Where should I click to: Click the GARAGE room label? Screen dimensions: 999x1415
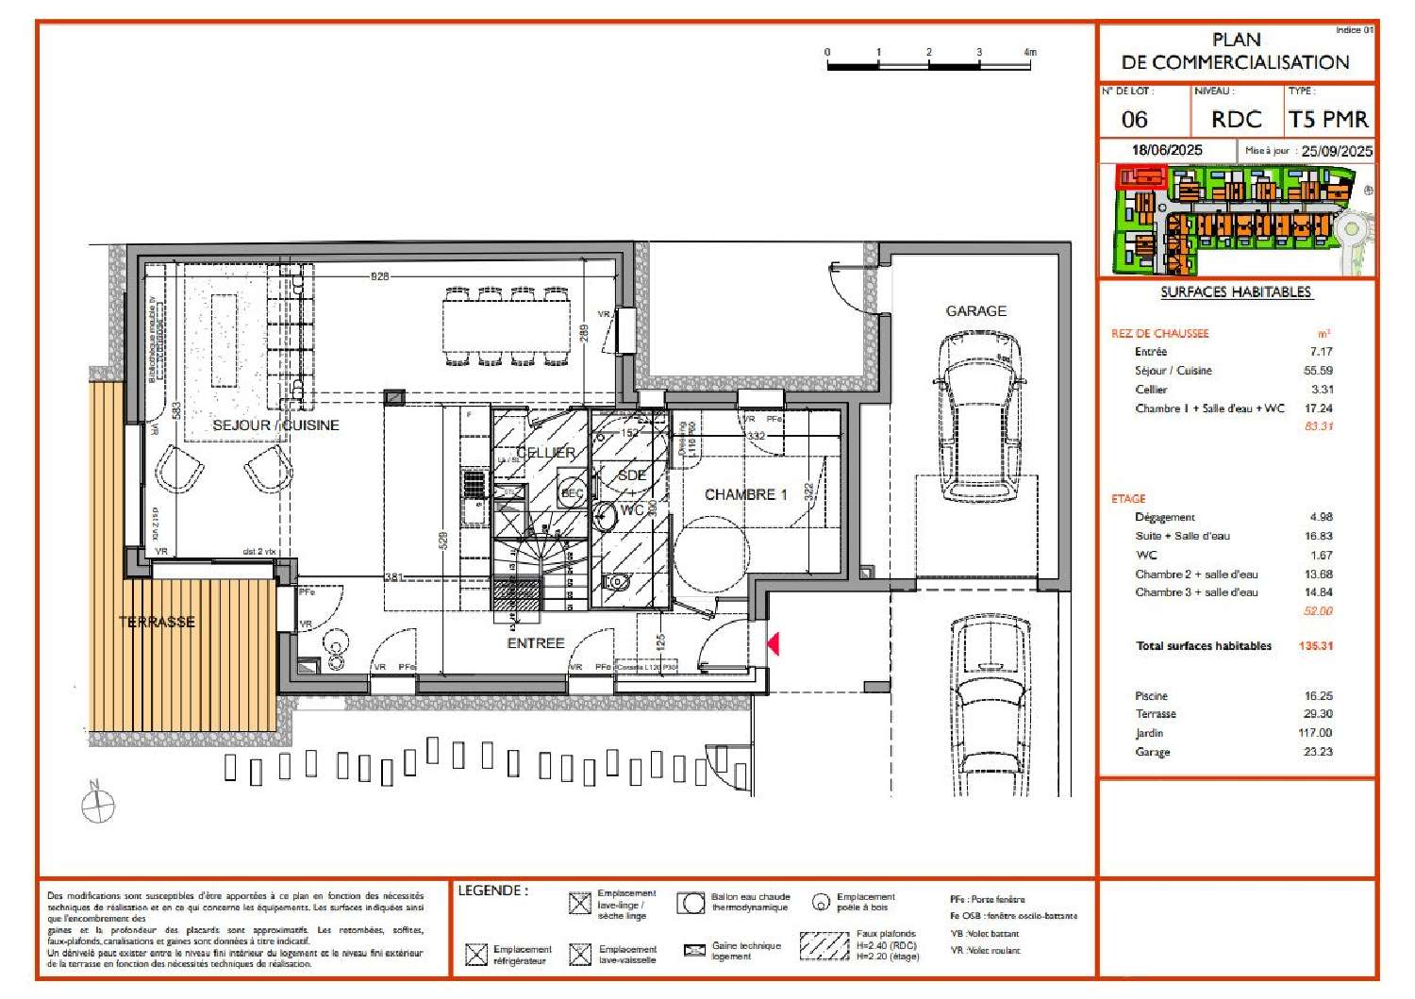tap(975, 310)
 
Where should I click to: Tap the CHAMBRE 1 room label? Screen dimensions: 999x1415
tap(745, 494)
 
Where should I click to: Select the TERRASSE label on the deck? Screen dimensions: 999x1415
tap(157, 622)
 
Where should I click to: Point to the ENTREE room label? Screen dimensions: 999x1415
tap(536, 643)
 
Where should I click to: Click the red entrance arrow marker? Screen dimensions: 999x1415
tap(773, 643)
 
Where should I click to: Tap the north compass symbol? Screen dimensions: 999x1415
tap(97, 805)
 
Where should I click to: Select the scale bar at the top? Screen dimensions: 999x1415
tap(929, 64)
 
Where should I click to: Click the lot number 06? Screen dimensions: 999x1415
tap(1134, 120)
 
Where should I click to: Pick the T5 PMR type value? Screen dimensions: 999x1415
tap(1328, 120)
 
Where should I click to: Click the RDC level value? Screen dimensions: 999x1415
tap(1236, 120)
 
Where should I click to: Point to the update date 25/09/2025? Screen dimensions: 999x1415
tap(1337, 151)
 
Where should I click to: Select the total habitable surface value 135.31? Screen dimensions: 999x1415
tap(1315, 646)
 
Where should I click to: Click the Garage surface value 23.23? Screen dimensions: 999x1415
tap(1318, 752)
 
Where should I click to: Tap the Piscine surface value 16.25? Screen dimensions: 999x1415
tap(1318, 695)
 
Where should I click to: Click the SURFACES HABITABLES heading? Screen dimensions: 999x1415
tap(1236, 292)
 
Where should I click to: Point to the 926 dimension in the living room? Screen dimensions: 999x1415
tap(379, 276)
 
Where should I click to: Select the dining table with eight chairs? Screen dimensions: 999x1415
tap(508, 325)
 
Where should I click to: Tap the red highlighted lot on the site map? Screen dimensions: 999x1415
tap(1140, 176)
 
